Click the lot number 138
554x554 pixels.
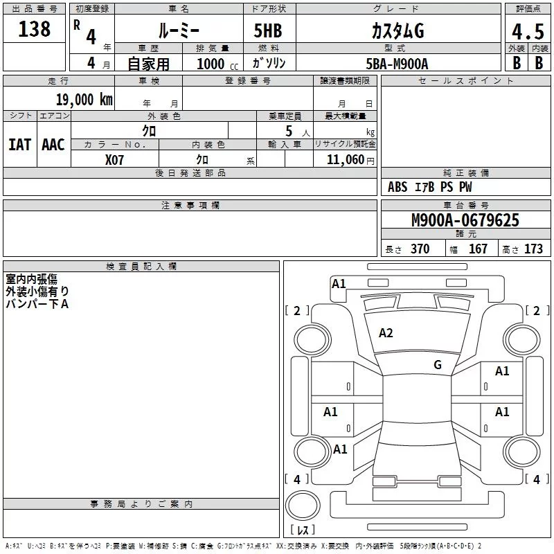tap(34, 28)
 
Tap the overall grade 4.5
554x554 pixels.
tap(528, 31)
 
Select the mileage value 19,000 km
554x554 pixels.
tap(84, 99)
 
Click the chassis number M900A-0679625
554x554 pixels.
tap(465, 220)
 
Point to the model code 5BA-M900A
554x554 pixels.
tap(397, 64)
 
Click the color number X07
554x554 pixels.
tap(114, 160)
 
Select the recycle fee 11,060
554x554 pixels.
tap(345, 159)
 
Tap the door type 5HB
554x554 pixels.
tap(268, 30)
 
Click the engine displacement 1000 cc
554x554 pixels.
tap(217, 64)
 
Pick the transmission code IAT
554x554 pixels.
tap(19, 145)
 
